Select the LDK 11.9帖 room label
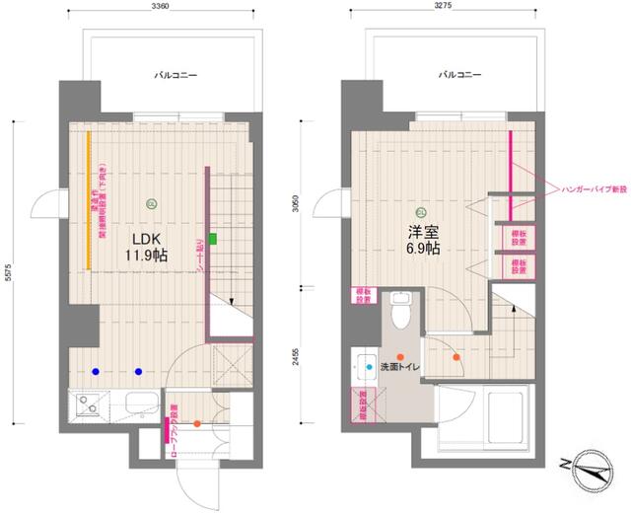pos(144,246)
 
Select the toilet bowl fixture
pos(401,314)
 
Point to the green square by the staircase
pos(212,238)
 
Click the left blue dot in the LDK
pos(96,371)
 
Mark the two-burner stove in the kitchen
pos(87,406)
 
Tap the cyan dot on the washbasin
pos(370,367)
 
